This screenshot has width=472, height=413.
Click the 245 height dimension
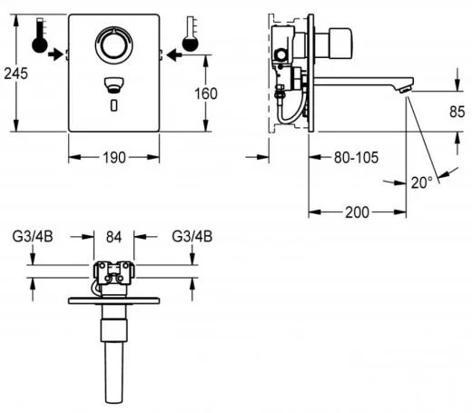[x=15, y=74]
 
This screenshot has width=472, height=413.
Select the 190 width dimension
[x=114, y=158]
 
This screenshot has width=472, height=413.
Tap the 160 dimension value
[x=206, y=93]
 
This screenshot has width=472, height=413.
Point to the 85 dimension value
[x=457, y=112]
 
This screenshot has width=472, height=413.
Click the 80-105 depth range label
[x=356, y=158]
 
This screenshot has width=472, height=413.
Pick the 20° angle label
[x=422, y=182]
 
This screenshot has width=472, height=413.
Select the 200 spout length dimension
[x=358, y=212]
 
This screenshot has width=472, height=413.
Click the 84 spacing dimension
[x=113, y=237]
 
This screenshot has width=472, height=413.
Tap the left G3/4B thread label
[x=33, y=236]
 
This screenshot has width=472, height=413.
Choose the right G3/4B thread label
[x=192, y=236]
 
